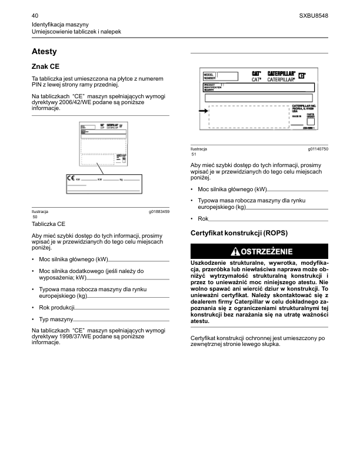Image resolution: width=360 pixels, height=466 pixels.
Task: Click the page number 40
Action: pyautogui.click(x=35, y=14)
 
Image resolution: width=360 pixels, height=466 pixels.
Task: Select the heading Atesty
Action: pyautogui.click(x=44, y=52)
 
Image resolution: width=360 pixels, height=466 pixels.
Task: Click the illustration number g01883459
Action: pyautogui.click(x=159, y=211)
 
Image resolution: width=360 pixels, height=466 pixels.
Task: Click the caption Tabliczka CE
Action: pyautogui.click(x=48, y=224)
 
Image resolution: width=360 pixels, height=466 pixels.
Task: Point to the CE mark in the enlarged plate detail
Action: pyautogui.click(x=71, y=177)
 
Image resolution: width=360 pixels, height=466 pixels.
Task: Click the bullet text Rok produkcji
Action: pyautogui.click(x=56, y=308)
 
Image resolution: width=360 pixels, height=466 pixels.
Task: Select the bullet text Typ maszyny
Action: pyautogui.click(x=56, y=319)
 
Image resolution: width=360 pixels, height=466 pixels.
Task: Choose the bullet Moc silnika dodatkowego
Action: pyautogui.click(x=87, y=271)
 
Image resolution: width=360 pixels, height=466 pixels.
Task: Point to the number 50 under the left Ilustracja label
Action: pyautogui.click(x=35, y=217)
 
